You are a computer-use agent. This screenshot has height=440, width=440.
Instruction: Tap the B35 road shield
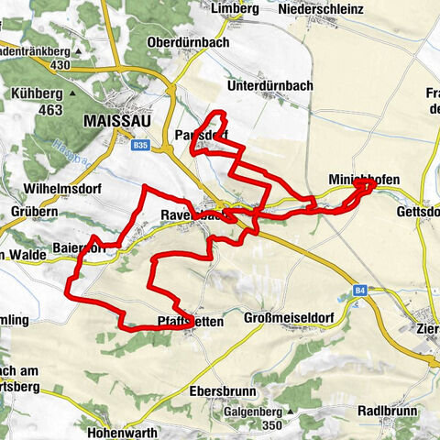[x=139, y=145]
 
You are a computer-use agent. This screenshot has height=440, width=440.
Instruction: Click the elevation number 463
[x=50, y=110]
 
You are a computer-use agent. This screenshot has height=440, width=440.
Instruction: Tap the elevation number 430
[x=61, y=66]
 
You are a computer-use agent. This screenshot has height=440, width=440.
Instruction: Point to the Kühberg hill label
[x=38, y=93]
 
